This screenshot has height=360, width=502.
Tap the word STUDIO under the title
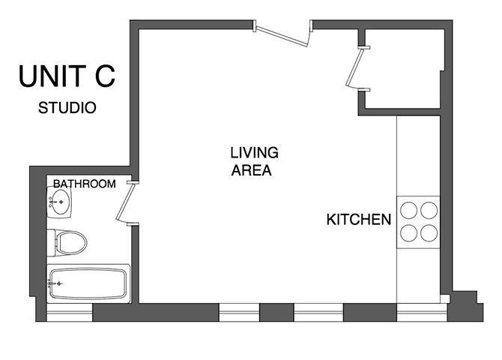click(x=67, y=107)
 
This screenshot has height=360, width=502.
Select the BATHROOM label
click(x=84, y=184)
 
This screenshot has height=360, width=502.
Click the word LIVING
click(x=254, y=153)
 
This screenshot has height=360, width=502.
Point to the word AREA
click(x=251, y=170)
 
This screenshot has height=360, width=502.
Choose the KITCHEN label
click(x=359, y=220)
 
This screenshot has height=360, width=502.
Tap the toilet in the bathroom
click(x=70, y=241)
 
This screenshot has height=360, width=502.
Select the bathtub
click(x=88, y=283)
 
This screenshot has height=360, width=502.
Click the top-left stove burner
click(x=409, y=211)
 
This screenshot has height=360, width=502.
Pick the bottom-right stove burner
click(x=429, y=232)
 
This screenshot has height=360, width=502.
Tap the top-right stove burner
click(x=429, y=211)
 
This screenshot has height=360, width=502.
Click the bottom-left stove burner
click(x=409, y=232)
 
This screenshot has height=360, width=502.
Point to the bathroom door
click(x=126, y=202)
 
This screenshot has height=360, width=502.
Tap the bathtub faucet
click(x=56, y=283)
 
